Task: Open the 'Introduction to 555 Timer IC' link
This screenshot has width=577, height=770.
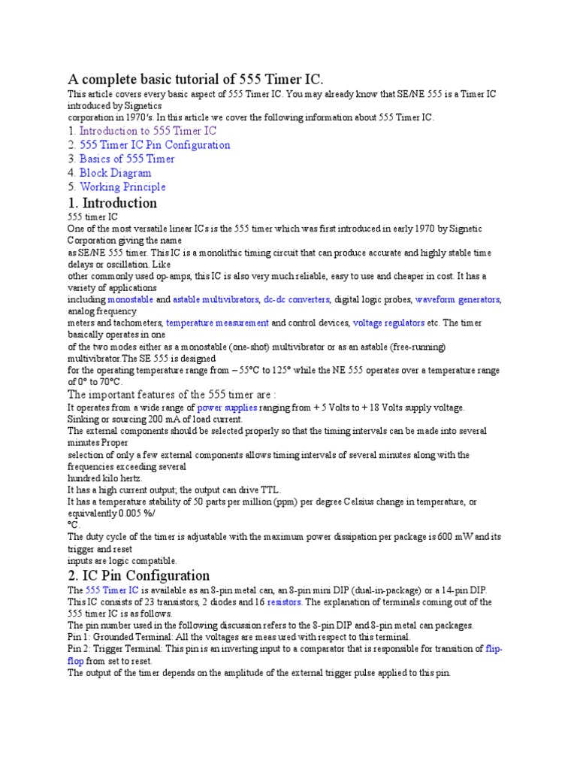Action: [148, 131]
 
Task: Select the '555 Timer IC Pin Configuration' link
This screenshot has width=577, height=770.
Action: [155, 145]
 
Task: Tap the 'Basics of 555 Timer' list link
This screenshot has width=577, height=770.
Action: [127, 159]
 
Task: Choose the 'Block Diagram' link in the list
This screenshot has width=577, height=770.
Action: [115, 173]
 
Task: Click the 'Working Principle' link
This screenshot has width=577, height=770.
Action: [122, 187]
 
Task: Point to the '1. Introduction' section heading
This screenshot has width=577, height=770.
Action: [113, 203]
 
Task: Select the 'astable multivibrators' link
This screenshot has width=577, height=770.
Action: [216, 299]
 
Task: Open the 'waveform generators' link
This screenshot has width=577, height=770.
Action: [458, 299]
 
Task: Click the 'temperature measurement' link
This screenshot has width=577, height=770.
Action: [217, 323]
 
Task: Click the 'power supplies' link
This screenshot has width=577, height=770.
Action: [227, 408]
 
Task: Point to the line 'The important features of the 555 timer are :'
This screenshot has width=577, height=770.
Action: [172, 394]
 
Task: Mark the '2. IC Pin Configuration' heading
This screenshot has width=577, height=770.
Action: [138, 576]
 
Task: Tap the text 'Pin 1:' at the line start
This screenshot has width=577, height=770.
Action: [80, 637]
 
